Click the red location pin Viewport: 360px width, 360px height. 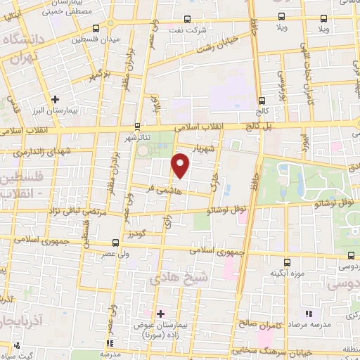pyautogui.click(x=181, y=165)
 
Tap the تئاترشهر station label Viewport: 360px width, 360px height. pyautogui.click(x=143, y=138)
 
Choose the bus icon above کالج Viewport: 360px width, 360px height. pyautogui.click(x=262, y=101)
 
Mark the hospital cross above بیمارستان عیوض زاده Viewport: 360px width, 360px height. pyautogui.click(x=160, y=313)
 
